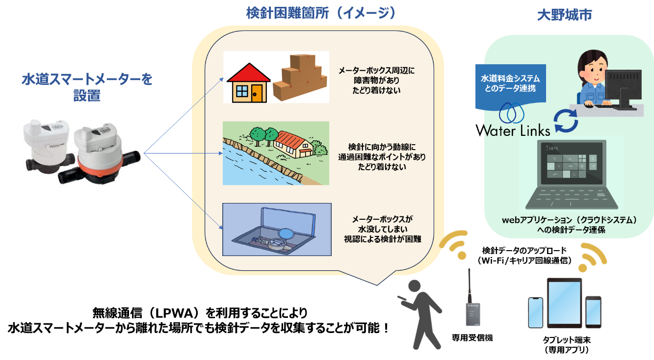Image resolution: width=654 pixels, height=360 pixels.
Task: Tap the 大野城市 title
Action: (564, 15)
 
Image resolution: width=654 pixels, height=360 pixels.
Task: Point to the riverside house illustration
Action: (294, 142)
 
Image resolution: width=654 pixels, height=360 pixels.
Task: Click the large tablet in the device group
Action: (564, 303)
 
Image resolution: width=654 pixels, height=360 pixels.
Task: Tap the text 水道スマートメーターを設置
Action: (87, 86)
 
